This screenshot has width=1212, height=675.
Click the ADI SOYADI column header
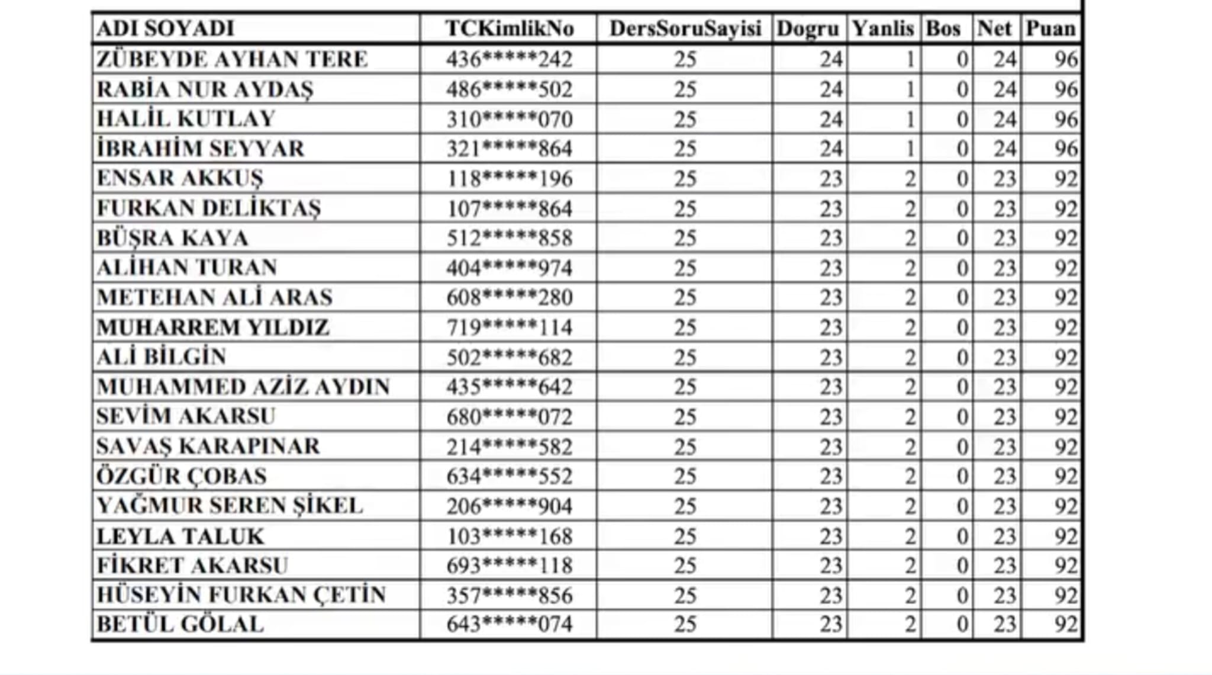(166, 28)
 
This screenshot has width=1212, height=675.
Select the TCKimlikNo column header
(509, 28)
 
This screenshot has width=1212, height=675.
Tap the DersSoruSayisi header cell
(685, 28)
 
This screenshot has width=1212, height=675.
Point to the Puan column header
(1050, 28)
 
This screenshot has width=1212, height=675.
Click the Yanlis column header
(882, 28)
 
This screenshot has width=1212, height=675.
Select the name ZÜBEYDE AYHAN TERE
(232, 59)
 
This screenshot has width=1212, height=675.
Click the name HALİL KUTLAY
(186, 119)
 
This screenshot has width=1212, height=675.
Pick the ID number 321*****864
(509, 149)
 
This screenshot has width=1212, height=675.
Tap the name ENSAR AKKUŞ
(180, 178)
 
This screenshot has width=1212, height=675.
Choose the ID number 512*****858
(509, 238)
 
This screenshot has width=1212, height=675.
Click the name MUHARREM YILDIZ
(212, 327)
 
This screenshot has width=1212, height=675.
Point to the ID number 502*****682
(509, 358)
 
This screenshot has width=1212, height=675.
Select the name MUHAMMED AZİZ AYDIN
(243, 387)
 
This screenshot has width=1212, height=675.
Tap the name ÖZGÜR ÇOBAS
(182, 476)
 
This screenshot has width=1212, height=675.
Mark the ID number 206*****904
(509, 506)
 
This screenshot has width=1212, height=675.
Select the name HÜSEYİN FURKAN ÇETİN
(241, 595)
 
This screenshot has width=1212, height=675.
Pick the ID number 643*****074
(509, 625)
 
